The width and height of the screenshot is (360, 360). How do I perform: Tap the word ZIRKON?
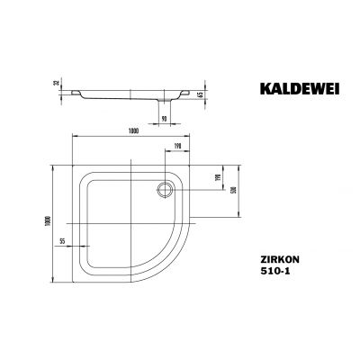(x=272, y=256)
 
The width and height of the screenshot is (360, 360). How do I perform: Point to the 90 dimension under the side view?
(x=164, y=117)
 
